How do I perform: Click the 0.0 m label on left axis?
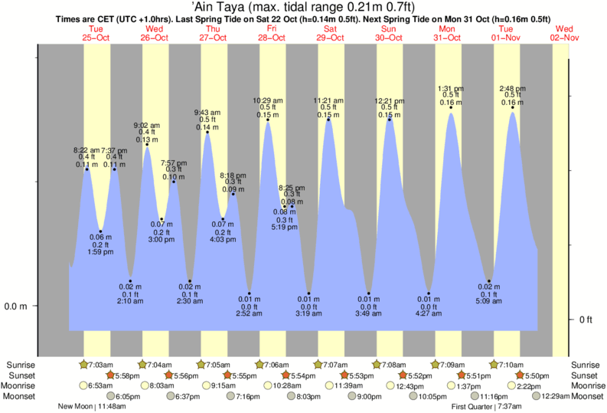point(16,306)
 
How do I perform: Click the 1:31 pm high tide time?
point(451,87)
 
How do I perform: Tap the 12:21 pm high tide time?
point(390,100)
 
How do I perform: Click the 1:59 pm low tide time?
point(100,252)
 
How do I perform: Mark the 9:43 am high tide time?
point(208,112)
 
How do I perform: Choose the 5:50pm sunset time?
point(535,375)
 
